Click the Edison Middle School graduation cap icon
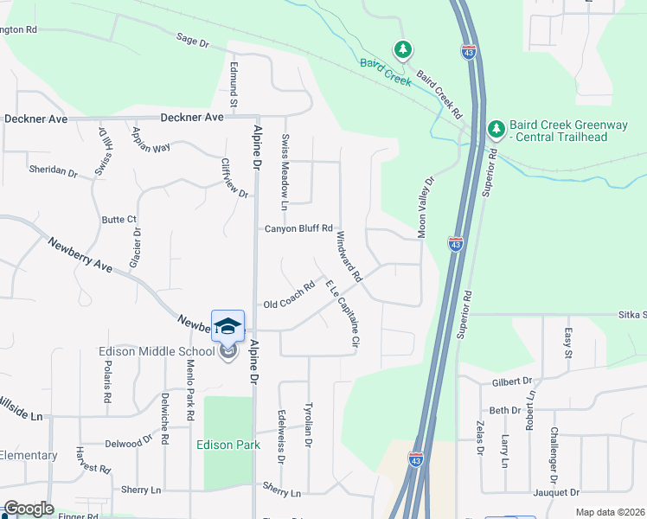227,326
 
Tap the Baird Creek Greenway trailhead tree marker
496,130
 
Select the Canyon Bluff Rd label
298,228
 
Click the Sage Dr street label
192,41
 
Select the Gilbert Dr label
510,381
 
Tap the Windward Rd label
348,256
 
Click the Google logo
29,509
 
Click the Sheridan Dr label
53,170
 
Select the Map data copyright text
609,512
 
